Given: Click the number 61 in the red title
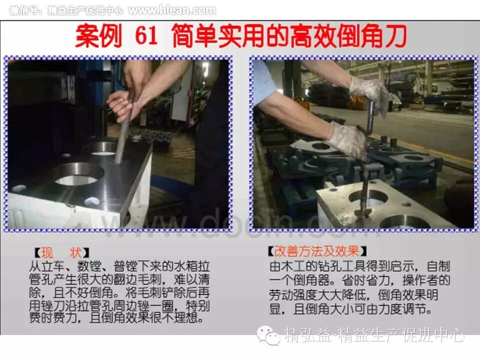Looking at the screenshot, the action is point(146,36).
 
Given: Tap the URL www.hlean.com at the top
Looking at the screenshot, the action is point(172,10).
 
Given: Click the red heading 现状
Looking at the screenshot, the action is point(61,253).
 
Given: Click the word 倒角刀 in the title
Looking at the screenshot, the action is point(371,36).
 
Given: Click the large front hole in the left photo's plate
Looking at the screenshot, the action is point(78,174).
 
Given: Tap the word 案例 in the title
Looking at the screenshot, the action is point(98,36).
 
